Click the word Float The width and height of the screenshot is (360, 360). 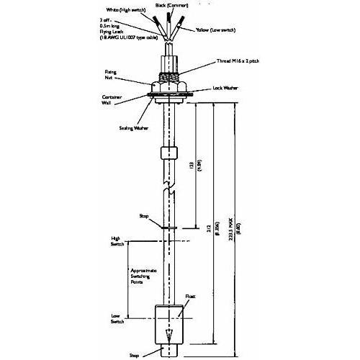[190, 296]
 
